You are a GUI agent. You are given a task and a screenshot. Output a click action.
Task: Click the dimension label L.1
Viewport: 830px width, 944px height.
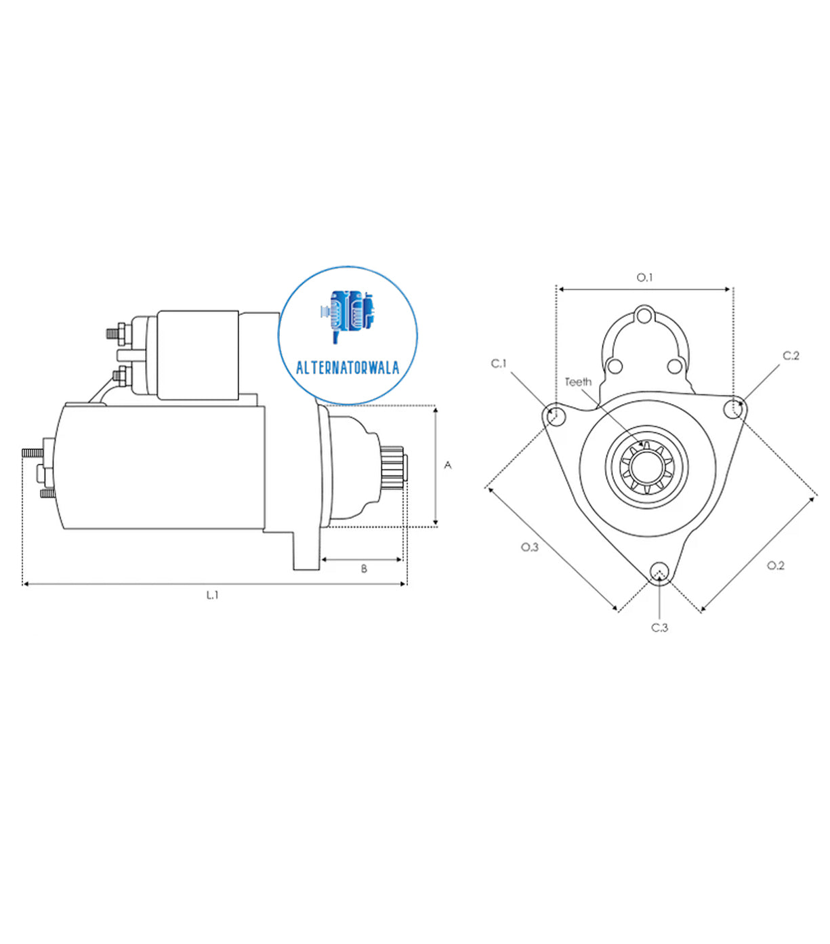pos(213,595)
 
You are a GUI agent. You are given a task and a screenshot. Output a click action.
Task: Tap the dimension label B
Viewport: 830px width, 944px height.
pos(364,569)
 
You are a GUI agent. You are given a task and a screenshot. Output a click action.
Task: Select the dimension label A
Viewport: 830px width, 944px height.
pos(447,465)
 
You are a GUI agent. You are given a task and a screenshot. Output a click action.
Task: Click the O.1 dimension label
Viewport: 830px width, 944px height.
pos(644,277)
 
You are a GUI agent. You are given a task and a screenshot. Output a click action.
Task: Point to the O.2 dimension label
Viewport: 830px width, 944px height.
pos(775,565)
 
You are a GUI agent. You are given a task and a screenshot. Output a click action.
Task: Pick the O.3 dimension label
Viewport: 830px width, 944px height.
pos(529,546)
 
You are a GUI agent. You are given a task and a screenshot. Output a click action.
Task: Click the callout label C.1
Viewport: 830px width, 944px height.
pos(499,364)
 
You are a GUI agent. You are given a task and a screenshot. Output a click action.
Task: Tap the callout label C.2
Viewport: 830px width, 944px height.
pos(791,356)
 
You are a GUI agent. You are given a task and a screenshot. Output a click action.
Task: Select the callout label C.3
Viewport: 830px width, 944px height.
pos(659,628)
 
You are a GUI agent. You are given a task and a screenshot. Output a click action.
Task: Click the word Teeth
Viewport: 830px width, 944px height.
pos(578,382)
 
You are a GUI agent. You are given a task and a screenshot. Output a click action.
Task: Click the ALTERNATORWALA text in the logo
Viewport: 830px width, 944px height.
pos(348,369)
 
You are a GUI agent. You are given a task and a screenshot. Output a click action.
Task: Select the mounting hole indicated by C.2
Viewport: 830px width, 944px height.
pos(732,409)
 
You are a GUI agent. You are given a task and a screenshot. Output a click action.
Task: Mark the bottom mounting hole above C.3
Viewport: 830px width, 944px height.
pos(658,572)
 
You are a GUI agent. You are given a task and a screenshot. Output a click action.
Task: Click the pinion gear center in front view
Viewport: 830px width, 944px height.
pos(646,466)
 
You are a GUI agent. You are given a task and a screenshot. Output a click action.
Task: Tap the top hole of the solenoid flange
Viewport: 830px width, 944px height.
pos(644,316)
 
